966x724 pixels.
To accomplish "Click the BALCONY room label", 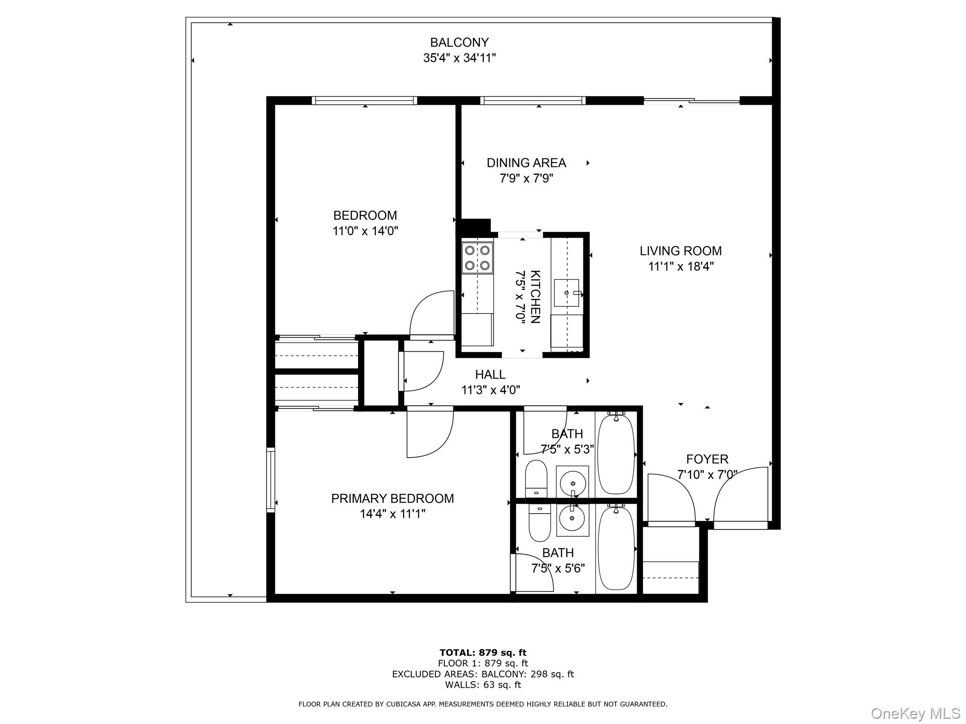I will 459,43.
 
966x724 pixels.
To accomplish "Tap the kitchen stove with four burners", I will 477,258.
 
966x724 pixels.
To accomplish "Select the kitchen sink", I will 566,293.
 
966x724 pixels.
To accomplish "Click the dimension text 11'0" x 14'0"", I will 365,231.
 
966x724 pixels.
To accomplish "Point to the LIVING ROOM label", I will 680,251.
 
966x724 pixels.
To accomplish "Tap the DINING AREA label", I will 526,163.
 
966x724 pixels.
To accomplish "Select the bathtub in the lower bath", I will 616,547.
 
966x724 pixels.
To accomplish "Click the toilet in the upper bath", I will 536,479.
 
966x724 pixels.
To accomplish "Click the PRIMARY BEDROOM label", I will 392,499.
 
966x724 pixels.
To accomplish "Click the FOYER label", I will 707,459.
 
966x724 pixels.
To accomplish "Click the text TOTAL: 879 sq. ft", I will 483,653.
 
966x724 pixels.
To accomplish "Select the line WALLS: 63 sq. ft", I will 483,685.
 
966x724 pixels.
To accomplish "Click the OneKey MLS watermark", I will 915,713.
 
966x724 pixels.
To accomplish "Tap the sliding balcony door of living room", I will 691,100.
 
